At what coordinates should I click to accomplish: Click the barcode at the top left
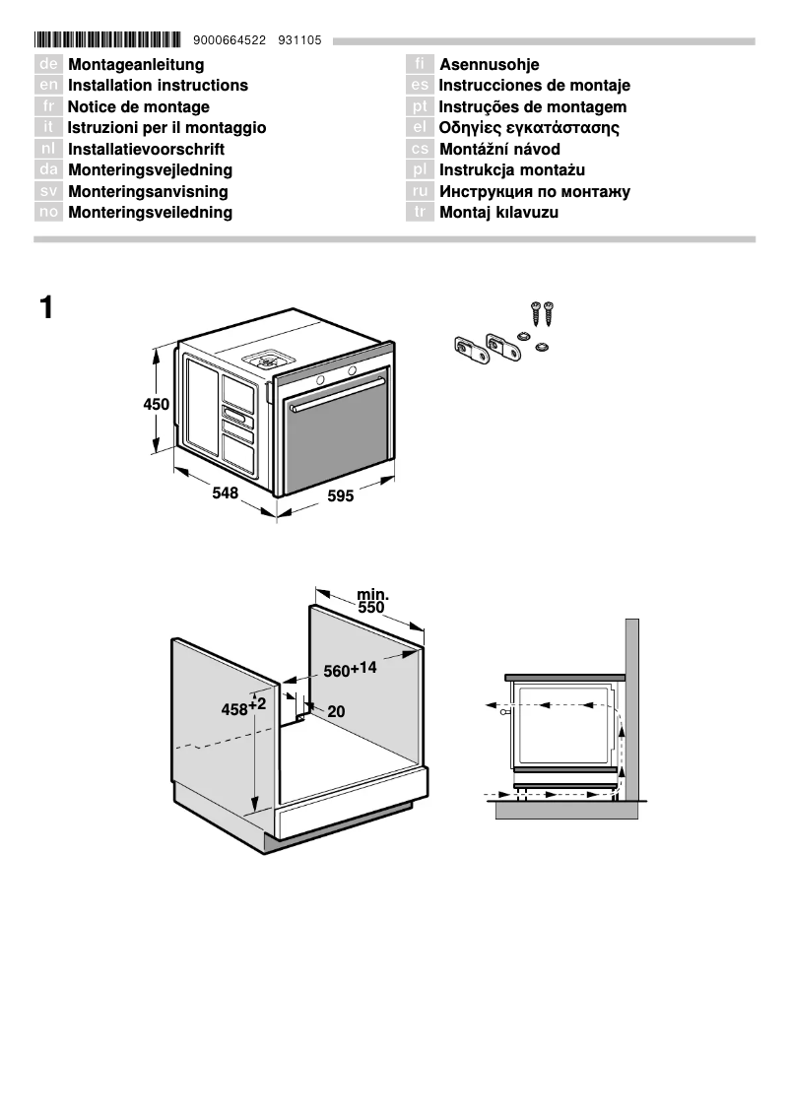tap(107, 40)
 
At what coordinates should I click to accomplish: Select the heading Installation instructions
tap(158, 86)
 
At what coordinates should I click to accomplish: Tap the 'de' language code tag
tap(48, 65)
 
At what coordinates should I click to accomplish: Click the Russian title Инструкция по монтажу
tap(535, 192)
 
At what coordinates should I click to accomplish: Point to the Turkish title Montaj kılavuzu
tap(498, 213)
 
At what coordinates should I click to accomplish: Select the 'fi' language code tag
tap(420, 65)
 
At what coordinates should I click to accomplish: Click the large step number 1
tap(46, 308)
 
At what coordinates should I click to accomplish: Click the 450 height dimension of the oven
tap(157, 404)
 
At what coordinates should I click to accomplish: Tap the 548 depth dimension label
tap(226, 493)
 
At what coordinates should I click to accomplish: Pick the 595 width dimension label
tap(340, 496)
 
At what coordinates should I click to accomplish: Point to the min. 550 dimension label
tap(371, 601)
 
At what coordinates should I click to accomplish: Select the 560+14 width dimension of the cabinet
tap(350, 670)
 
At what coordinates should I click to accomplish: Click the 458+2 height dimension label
tap(243, 706)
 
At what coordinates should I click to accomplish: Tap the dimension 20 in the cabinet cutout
tap(336, 711)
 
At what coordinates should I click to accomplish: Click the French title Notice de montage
tap(138, 107)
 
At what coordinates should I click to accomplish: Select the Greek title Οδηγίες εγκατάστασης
tap(529, 128)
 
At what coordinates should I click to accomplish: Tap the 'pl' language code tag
tap(420, 170)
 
